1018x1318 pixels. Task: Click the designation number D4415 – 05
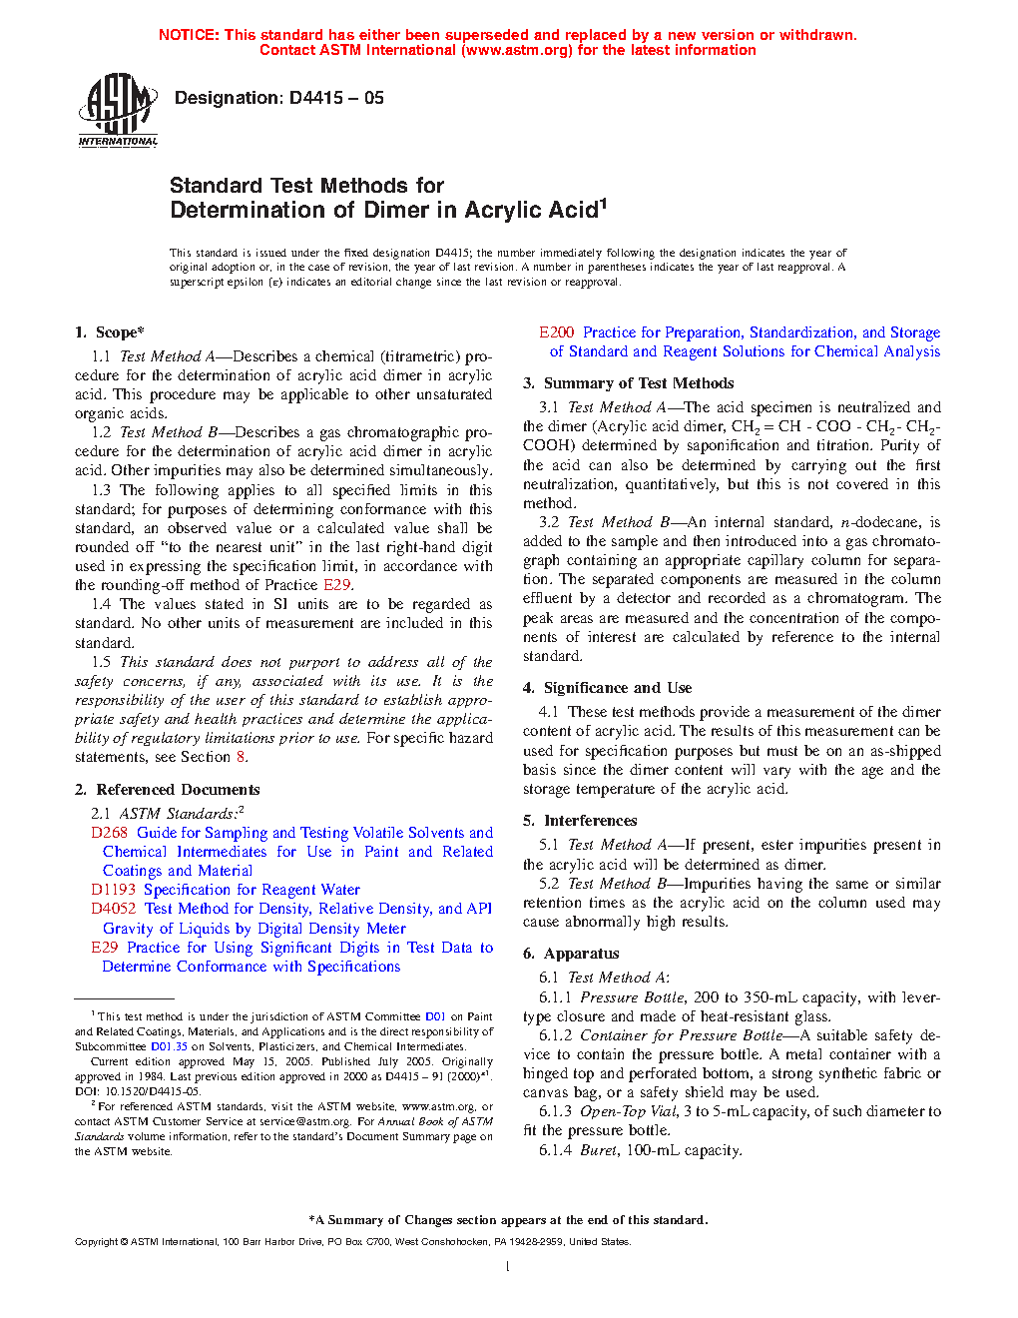tap(278, 98)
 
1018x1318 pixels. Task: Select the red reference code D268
tap(109, 833)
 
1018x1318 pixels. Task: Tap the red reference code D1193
tap(113, 890)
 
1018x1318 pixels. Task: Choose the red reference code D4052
tap(113, 909)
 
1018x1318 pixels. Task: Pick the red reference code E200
tap(556, 332)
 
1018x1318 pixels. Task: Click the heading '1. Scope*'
tap(110, 332)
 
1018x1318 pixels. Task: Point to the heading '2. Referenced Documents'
tap(167, 790)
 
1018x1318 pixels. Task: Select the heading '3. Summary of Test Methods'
tap(628, 383)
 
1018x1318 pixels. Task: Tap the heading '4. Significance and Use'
tap(607, 688)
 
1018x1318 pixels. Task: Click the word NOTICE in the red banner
tap(189, 35)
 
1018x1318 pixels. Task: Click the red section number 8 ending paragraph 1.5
tap(241, 757)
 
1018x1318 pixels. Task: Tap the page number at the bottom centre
tap(508, 1267)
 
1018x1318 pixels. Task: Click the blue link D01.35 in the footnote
tap(169, 1046)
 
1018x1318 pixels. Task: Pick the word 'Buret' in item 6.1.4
tap(599, 1150)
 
